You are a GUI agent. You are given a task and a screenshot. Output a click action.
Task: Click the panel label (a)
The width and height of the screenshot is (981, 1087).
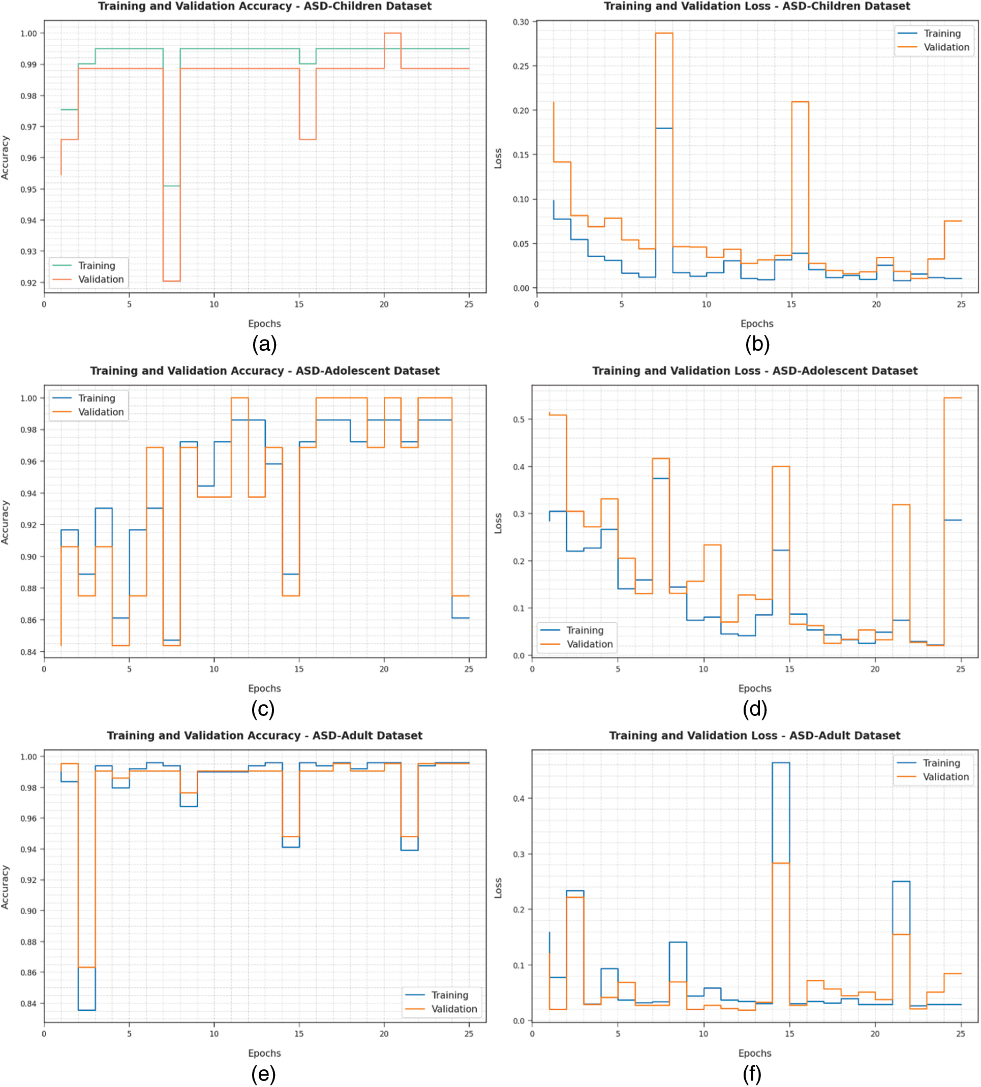pyautogui.click(x=264, y=345)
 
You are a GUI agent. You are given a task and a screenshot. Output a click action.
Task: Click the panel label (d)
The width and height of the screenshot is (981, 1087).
pyautogui.click(x=755, y=709)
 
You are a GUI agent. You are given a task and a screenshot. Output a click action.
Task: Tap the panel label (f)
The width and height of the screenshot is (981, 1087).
pyautogui.click(x=752, y=1074)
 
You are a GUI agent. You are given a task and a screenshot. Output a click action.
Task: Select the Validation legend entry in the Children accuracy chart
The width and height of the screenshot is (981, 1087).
pyautogui.click(x=101, y=279)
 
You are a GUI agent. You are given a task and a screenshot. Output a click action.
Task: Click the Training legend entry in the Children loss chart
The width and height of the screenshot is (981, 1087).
pyautogui.click(x=942, y=34)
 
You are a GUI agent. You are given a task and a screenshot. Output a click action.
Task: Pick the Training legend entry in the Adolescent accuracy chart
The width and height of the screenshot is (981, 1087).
pyautogui.click(x=97, y=398)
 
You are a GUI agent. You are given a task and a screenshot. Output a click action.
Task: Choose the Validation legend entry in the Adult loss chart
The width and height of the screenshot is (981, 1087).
pyautogui.click(x=945, y=776)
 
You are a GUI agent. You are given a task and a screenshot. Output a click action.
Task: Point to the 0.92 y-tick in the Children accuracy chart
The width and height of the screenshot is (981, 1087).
pyautogui.click(x=28, y=283)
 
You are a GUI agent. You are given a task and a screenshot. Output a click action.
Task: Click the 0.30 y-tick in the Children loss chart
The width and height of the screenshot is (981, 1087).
pyautogui.click(x=520, y=22)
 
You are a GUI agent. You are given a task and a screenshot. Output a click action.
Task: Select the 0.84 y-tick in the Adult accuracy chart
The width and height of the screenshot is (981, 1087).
pyautogui.click(x=28, y=1004)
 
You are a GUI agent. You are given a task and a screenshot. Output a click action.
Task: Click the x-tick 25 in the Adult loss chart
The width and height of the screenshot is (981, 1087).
pyautogui.click(x=961, y=1034)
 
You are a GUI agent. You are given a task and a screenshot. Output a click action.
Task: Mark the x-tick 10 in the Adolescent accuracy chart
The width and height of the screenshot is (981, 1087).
pyautogui.click(x=214, y=669)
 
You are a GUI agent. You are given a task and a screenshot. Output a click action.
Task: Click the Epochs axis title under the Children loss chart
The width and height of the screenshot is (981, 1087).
pyautogui.click(x=757, y=323)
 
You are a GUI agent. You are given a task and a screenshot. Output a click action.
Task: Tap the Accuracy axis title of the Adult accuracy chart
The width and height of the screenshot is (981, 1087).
pyautogui.click(x=6, y=887)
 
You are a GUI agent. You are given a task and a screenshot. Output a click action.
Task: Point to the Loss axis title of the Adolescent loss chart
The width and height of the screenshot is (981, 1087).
pyautogui.click(x=498, y=523)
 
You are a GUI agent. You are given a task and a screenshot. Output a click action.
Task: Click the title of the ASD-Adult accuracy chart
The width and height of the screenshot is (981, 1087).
pyautogui.click(x=264, y=736)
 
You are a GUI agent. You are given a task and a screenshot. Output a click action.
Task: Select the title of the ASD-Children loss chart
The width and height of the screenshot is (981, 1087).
pyautogui.click(x=757, y=7)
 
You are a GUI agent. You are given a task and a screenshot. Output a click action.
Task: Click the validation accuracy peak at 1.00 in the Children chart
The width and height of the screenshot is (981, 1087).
pyautogui.click(x=392, y=34)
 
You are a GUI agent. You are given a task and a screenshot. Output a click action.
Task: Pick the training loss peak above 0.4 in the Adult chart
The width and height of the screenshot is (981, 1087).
pyautogui.click(x=781, y=763)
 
